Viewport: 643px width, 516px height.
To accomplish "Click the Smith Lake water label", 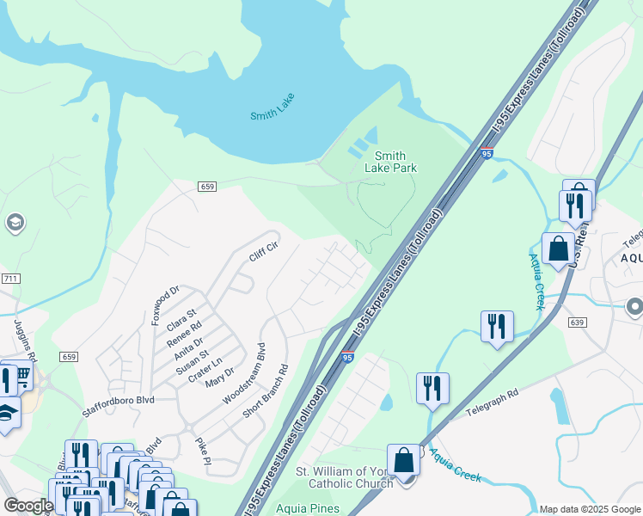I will point(273,114).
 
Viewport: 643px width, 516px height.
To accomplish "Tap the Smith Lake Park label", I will point(391,162).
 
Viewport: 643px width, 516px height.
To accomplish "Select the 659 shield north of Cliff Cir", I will point(205,186).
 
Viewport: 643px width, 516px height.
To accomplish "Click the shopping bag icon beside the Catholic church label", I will point(404,461).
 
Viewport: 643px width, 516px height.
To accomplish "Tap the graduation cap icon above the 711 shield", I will point(14,224).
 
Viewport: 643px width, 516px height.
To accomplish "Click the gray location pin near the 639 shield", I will point(634,305).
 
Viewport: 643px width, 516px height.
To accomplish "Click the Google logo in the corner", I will point(28,507).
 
